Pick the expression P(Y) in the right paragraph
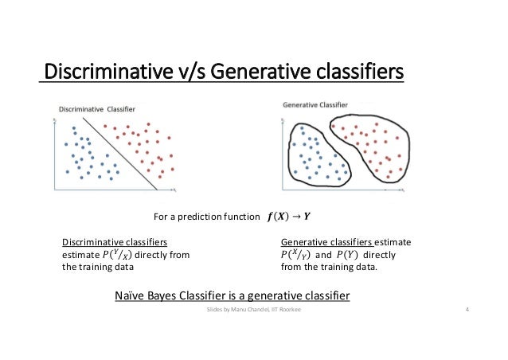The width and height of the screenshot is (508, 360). coord(355,255)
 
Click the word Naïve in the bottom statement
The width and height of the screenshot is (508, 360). coord(134,296)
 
